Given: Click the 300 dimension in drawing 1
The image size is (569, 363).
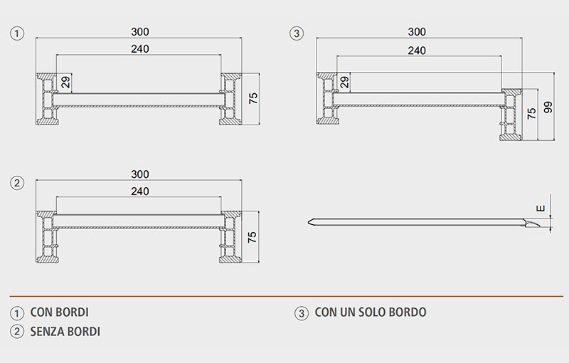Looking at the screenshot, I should point(140,32).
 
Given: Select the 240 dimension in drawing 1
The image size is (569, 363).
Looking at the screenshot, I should point(140,49).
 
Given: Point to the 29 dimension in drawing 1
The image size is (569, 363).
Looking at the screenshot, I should point(66,83).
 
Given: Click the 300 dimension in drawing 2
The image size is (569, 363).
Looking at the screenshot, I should point(140,174).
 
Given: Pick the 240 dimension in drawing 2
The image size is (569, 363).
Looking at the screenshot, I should point(140,191).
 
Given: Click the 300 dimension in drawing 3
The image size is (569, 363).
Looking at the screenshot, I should point(418,32).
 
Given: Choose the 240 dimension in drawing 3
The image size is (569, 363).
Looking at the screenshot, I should point(418,50).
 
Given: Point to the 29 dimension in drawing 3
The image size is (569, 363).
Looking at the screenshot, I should point(345,83).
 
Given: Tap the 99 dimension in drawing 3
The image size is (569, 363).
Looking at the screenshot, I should point(548,107).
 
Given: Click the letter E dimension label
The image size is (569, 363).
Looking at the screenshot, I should point(541,209).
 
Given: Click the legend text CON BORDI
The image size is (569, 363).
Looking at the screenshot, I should point(60,312).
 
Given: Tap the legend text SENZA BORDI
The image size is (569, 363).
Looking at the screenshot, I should point(65,331).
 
